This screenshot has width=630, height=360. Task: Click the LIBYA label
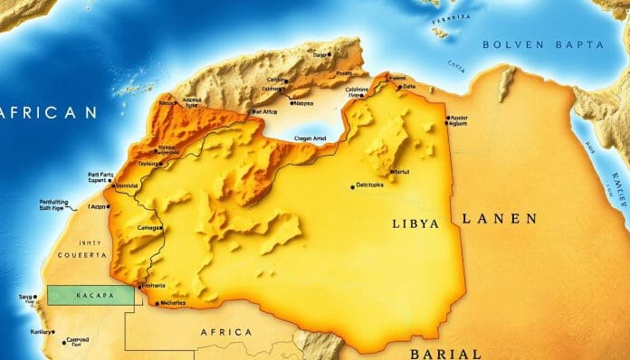417,223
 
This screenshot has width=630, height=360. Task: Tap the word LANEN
499,219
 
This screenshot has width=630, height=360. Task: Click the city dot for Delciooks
352,187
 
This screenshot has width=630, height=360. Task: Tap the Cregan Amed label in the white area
317,137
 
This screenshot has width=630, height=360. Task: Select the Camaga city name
148,228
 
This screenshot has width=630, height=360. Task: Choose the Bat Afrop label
264,110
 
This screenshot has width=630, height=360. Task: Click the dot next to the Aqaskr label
446,118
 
